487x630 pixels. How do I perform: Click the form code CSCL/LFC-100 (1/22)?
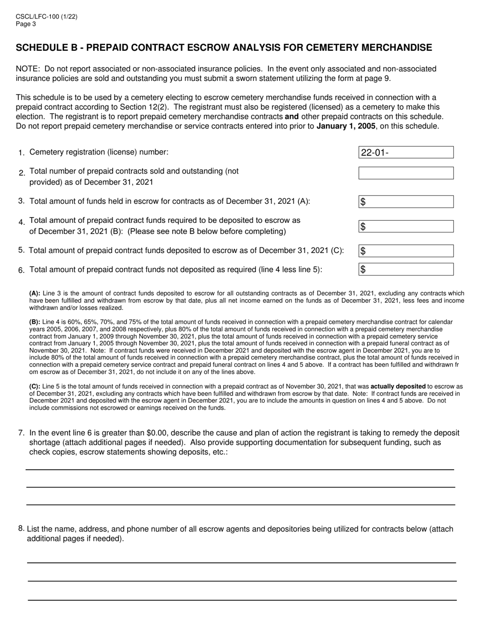47,17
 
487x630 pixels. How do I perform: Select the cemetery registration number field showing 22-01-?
405,152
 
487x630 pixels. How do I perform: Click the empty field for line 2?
405,173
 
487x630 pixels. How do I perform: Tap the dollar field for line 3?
405,202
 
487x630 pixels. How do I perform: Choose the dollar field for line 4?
405,226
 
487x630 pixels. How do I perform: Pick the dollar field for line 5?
405,251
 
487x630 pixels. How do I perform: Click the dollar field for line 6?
405,269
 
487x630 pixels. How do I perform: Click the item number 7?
21,433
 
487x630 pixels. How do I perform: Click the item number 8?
21,529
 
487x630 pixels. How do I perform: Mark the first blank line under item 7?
240,469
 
